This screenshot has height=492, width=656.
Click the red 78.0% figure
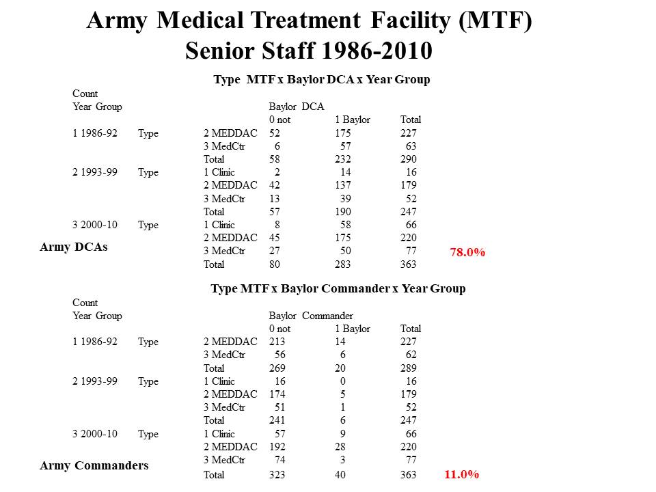(467, 253)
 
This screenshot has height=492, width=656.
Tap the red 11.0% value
(462, 474)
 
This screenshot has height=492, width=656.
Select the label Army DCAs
(73, 247)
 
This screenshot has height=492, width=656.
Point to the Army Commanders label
(94, 466)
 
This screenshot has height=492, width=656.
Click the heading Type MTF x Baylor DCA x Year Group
(322, 79)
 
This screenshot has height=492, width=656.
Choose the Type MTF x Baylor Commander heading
(338, 288)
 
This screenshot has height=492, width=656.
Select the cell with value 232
(343, 159)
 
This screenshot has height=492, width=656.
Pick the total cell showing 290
(409, 159)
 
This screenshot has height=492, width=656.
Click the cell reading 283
(343, 264)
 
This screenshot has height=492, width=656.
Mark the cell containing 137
(343, 185)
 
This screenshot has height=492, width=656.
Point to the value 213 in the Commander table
(277, 342)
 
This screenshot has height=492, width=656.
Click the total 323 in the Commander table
(277, 475)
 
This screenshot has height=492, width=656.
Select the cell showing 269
(277, 368)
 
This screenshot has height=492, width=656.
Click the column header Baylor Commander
(311, 316)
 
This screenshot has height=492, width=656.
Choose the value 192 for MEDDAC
(277, 448)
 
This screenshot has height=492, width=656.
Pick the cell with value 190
(343, 212)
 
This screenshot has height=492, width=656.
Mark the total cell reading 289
(409, 368)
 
